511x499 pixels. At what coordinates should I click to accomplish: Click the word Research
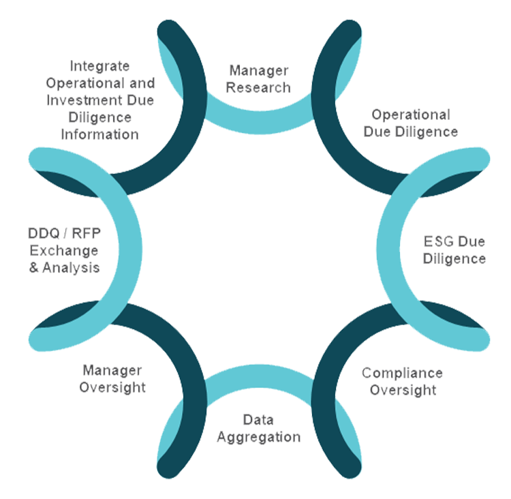click(x=258, y=87)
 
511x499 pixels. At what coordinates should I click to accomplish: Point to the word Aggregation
click(x=259, y=437)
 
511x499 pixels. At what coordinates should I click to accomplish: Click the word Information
click(x=99, y=134)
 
